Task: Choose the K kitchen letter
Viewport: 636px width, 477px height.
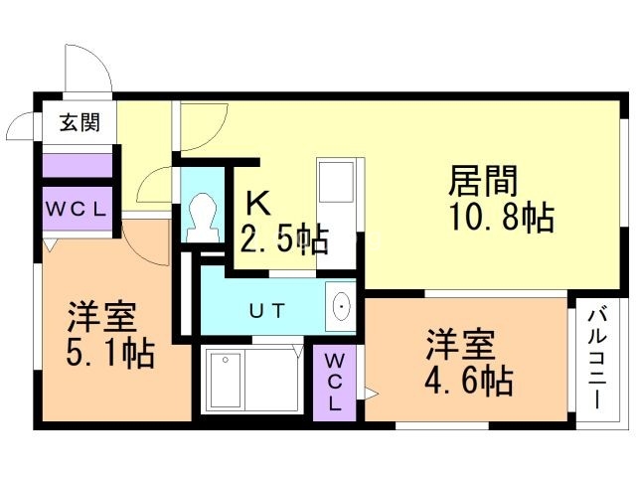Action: [x=257, y=204]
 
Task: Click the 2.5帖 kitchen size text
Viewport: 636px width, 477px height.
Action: [x=283, y=239]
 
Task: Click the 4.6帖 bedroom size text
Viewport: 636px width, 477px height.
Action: [x=470, y=380]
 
